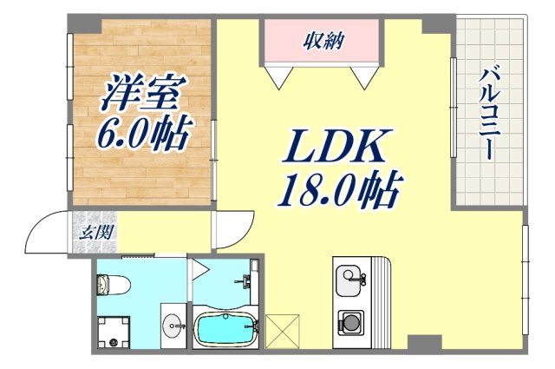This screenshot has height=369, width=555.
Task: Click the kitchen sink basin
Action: click(349, 280)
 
